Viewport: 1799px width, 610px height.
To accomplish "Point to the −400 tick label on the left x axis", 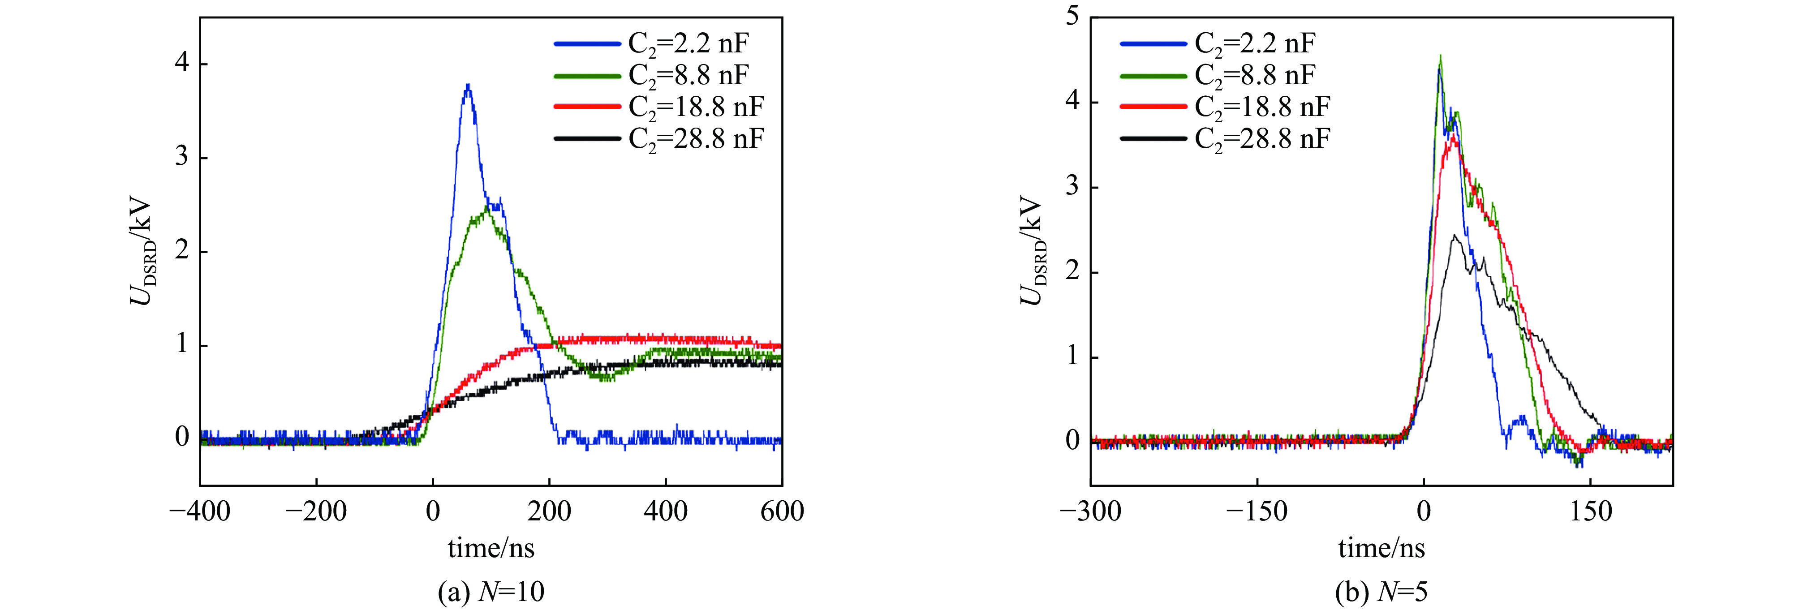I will coord(200,511).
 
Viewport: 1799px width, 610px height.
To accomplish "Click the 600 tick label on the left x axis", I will coord(782,511).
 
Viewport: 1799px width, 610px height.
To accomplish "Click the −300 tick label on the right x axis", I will coord(1090,511).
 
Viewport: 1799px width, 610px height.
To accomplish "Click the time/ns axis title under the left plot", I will coord(491,549).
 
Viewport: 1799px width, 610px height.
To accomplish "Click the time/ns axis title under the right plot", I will coord(1382,549).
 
